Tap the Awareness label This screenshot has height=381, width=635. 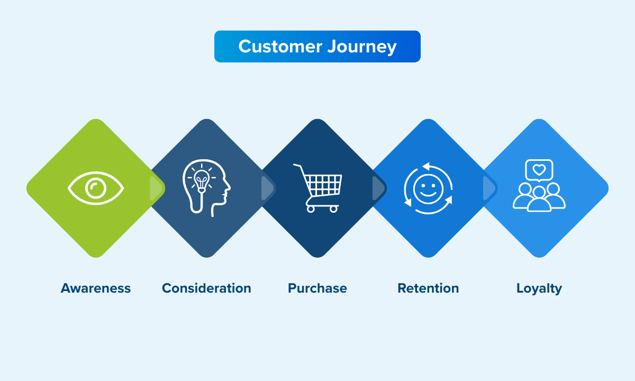pyautogui.click(x=96, y=288)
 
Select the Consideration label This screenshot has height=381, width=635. pyautogui.click(x=206, y=288)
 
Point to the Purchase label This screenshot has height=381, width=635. pyautogui.click(x=317, y=288)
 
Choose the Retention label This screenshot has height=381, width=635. pyautogui.click(x=428, y=288)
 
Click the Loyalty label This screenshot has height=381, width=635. pyautogui.click(x=539, y=288)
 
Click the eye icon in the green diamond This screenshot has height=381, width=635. pyautogui.click(x=96, y=188)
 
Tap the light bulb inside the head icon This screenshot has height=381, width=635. pyautogui.click(x=201, y=178)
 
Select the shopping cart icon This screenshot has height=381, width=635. pyautogui.click(x=319, y=188)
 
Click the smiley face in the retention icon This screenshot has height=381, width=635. pyautogui.click(x=428, y=189)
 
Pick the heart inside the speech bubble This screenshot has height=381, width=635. pyautogui.click(x=539, y=170)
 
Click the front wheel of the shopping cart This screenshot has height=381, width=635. pyautogui.click(x=333, y=209)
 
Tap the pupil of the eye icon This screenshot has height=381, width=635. pyautogui.click(x=96, y=188)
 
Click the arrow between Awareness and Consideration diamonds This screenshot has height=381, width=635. pyautogui.click(x=156, y=188)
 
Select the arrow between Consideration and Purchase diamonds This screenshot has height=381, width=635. pyautogui.click(x=268, y=188)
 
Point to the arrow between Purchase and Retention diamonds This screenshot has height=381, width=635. pyautogui.click(x=379, y=188)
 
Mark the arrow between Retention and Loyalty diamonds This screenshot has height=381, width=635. pyautogui.click(x=489, y=188)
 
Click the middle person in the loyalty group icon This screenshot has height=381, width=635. pyautogui.click(x=539, y=199)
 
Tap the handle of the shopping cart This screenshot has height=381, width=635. pyautogui.click(x=297, y=166)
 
